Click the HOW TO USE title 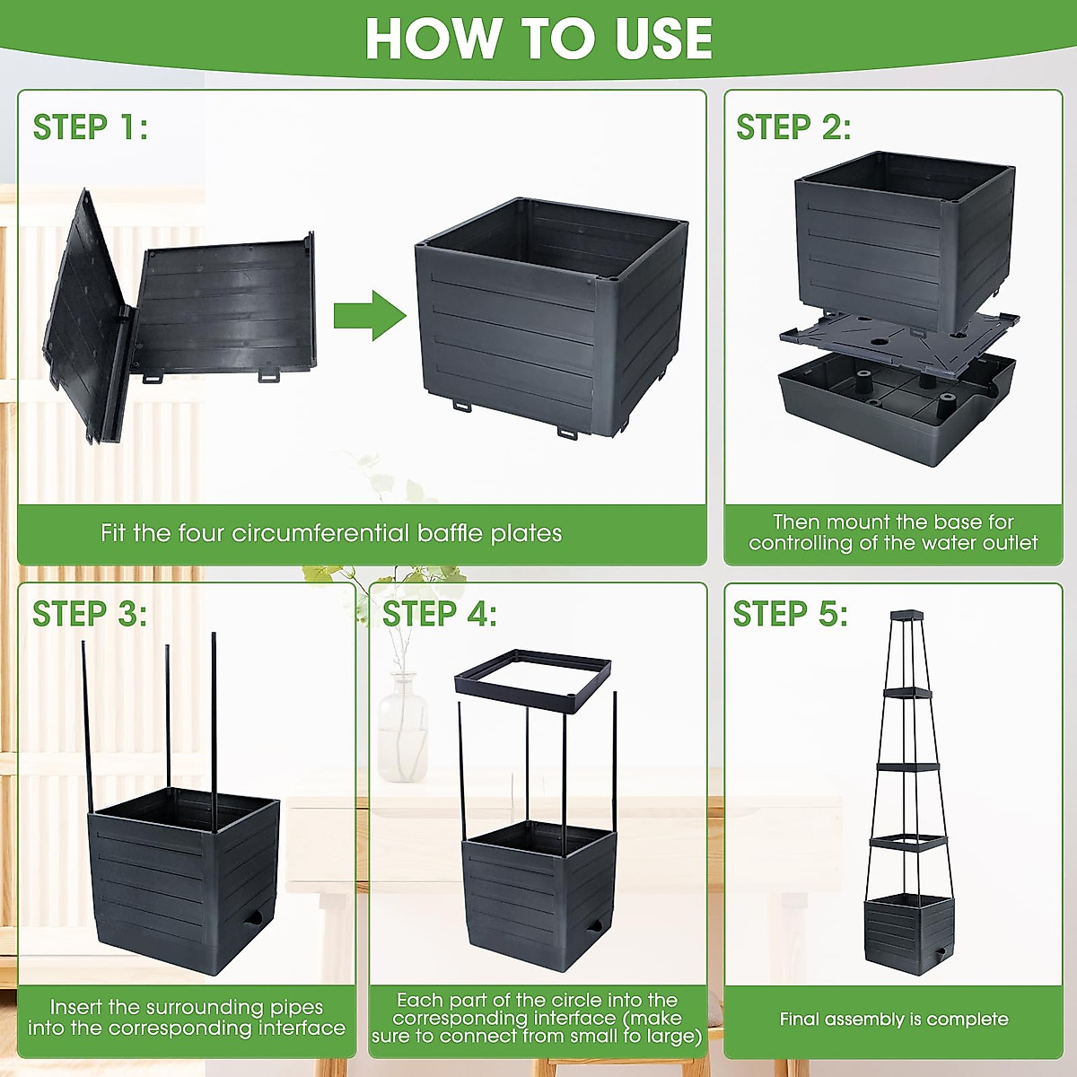[538, 38]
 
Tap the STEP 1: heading [91, 127]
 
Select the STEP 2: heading [793, 127]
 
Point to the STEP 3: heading [90, 614]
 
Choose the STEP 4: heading [439, 614]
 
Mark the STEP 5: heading [791, 614]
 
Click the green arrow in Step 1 [370, 315]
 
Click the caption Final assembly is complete [894, 1019]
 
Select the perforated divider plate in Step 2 [899, 341]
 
